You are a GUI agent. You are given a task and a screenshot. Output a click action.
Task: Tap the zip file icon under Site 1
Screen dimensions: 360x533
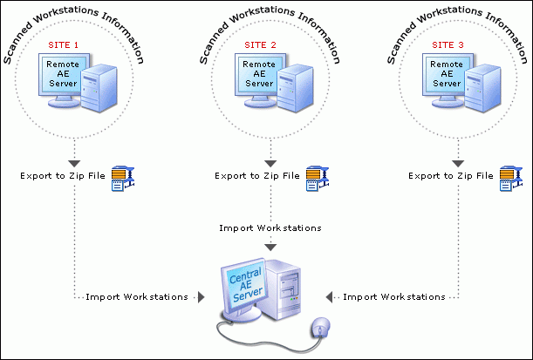pos(119,177)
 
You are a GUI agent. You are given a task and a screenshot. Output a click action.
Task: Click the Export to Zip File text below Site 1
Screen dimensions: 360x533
pos(61,176)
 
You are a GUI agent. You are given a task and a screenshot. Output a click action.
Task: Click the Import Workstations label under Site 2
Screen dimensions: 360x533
pos(270,228)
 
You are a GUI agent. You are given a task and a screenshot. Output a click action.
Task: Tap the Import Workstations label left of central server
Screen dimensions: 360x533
pos(136,297)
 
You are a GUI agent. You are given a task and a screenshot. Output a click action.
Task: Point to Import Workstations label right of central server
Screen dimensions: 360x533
pos(394,297)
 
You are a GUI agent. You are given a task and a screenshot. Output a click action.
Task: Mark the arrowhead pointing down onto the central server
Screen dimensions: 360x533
pos(270,248)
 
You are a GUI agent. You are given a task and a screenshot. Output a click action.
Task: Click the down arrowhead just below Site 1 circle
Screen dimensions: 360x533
pos(74,163)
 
